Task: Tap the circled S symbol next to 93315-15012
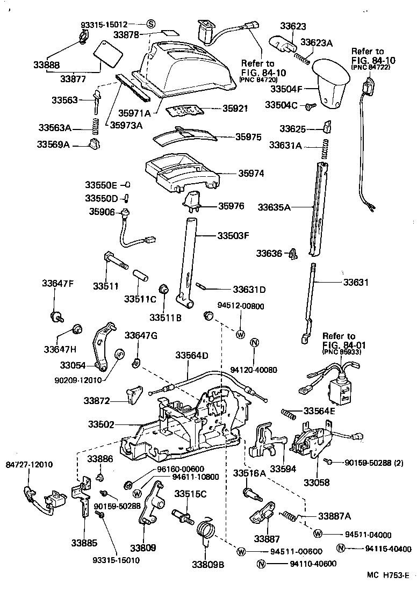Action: coord(150,24)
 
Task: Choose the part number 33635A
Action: coord(274,206)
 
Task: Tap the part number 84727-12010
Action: coord(30,464)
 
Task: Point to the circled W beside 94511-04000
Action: coord(318,534)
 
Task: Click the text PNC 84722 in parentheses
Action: coord(370,67)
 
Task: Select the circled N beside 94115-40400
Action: coord(340,549)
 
